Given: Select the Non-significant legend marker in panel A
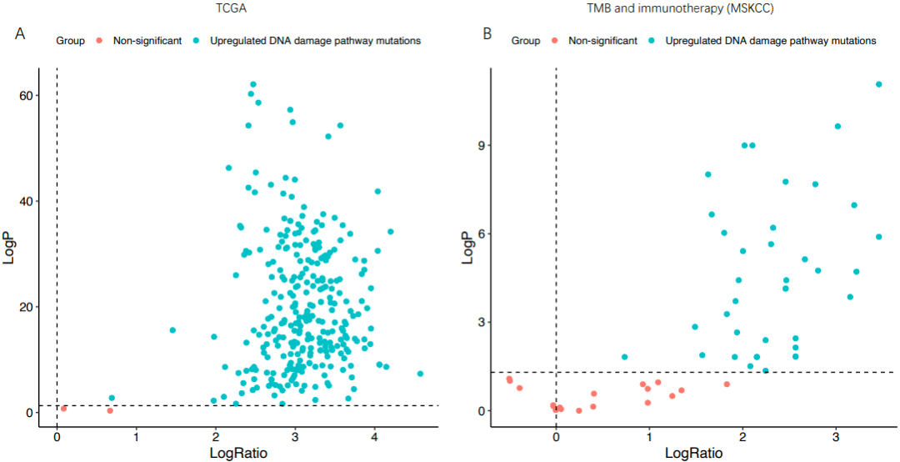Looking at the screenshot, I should point(99,40).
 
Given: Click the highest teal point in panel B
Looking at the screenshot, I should point(878,84).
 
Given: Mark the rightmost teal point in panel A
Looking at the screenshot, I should point(420,374).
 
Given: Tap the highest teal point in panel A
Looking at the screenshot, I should point(253,84).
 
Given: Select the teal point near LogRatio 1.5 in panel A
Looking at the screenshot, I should point(172,330).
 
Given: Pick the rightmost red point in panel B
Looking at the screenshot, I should point(727,384).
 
